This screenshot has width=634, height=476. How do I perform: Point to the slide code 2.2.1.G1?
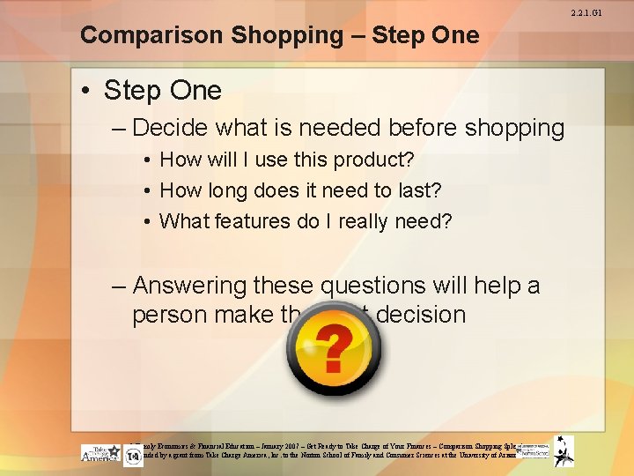click(x=611, y=11)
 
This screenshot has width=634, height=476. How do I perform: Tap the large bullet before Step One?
click(x=89, y=91)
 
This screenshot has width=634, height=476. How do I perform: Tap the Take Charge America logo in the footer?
click(x=100, y=452)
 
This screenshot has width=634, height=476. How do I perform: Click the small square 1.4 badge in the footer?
click(x=133, y=457)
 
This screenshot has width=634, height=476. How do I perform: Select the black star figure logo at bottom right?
click(x=564, y=450)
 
